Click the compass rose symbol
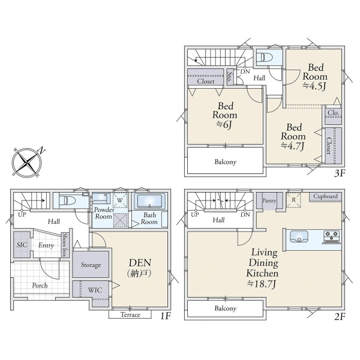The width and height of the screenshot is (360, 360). point(27,163)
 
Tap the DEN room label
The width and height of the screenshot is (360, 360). point(140,263)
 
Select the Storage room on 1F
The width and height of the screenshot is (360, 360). point(91,264)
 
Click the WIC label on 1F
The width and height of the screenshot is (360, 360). point(95,290)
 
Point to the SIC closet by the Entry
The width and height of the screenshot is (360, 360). point(22,245)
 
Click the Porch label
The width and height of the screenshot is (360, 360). point(40,286)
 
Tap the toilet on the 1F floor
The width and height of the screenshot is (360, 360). point(67,200)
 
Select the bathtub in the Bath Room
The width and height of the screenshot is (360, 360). point(149,202)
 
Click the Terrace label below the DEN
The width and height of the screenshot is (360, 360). point(130,314)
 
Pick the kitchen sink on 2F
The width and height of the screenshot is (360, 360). point(299,236)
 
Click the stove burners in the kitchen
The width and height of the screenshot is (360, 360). point(332,237)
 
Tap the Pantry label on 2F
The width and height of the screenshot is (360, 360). point(269,200)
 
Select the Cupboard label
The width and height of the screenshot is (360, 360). point(325,197)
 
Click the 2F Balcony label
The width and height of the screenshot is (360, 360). point(225,308)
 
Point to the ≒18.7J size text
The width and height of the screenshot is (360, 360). point(262,284)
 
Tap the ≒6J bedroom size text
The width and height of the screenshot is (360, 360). point(224,125)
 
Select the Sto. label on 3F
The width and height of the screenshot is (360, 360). point(230,77)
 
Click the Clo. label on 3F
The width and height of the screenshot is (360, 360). point(333,113)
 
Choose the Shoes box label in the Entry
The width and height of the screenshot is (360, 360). point(65,245)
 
